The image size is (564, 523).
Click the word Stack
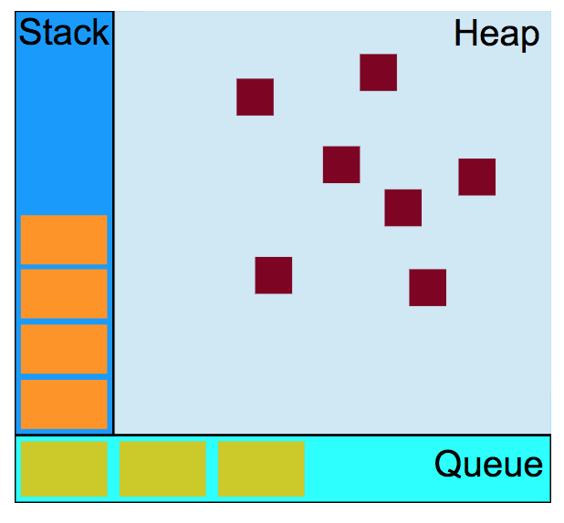pos(63,34)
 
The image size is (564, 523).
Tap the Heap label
pos(496,36)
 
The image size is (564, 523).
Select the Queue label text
pos(488,465)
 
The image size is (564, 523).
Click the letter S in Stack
pos(27,34)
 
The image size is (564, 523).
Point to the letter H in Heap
pos(465,36)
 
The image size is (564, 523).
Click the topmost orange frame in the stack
pos(64,240)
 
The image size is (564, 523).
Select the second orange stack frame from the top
pos(64,293)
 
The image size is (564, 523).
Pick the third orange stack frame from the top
pos(64,349)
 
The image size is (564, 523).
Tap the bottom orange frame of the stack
pos(64,405)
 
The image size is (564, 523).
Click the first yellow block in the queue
pos(64,468)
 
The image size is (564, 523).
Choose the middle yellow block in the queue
pos(162,468)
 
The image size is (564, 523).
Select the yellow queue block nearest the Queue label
pos(261,468)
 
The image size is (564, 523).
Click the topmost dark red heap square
pos(378,73)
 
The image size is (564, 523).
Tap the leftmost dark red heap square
pos(255,97)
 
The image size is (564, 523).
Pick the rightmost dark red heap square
pos(476,177)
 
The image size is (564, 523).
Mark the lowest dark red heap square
pos(427,288)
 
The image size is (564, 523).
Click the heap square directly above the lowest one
pos(402,208)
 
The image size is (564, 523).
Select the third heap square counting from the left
pos(341,165)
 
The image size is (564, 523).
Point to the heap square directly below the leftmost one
pos(273,275)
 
